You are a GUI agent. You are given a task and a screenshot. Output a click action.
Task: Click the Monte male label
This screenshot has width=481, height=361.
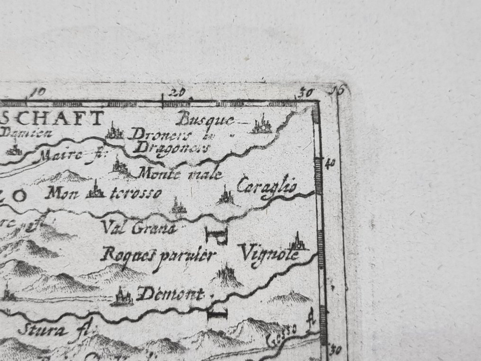pyautogui.click(x=180, y=174)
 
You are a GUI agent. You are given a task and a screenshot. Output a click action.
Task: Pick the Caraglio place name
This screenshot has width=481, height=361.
pyautogui.click(x=267, y=187)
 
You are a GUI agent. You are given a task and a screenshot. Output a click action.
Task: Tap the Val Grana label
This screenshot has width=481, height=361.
pyautogui.click(x=139, y=228)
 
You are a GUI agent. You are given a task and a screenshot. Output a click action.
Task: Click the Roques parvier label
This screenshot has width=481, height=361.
pyautogui.click(x=158, y=256)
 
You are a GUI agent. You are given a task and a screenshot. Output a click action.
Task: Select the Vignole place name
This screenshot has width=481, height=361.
pyautogui.click(x=270, y=254)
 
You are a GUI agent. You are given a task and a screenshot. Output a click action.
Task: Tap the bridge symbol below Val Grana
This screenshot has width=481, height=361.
pyautogui.click(x=217, y=235)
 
